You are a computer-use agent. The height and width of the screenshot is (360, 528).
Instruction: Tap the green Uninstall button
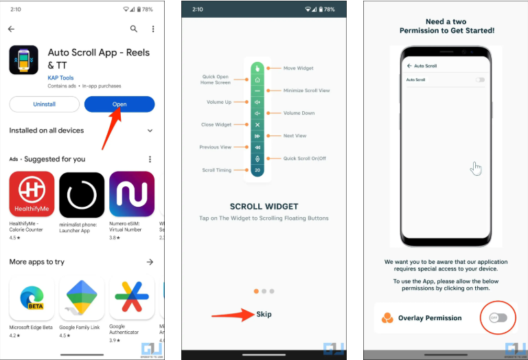click(44, 104)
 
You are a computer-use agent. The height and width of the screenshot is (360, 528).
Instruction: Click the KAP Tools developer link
click(61, 78)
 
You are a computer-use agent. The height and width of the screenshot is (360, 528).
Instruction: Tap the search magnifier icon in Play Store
click(134, 29)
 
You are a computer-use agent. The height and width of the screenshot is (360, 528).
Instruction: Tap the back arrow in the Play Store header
click(11, 29)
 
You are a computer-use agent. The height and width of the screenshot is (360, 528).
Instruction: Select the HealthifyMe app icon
click(32, 194)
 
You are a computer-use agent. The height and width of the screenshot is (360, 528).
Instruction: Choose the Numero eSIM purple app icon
click(132, 194)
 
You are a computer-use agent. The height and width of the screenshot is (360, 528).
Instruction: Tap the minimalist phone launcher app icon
click(82, 194)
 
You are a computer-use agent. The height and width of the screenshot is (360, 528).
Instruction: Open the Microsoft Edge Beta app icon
click(32, 299)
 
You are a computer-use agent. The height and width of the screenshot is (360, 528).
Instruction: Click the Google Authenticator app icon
click(132, 299)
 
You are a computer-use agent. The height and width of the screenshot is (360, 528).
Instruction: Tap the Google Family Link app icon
click(82, 299)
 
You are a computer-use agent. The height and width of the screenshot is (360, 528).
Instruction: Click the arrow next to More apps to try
click(150, 262)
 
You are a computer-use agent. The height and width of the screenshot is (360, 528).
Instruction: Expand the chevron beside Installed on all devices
click(150, 131)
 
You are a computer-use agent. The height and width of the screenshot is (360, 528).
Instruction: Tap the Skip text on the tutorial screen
click(264, 314)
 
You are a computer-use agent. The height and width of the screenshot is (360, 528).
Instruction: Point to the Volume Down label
click(299, 113)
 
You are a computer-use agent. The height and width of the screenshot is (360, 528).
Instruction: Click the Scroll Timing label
click(216, 170)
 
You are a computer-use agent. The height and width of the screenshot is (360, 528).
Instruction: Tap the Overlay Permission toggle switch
click(498, 317)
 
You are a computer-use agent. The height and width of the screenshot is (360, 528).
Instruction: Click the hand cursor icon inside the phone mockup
click(477, 168)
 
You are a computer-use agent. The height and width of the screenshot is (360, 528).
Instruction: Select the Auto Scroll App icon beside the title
click(24, 60)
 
